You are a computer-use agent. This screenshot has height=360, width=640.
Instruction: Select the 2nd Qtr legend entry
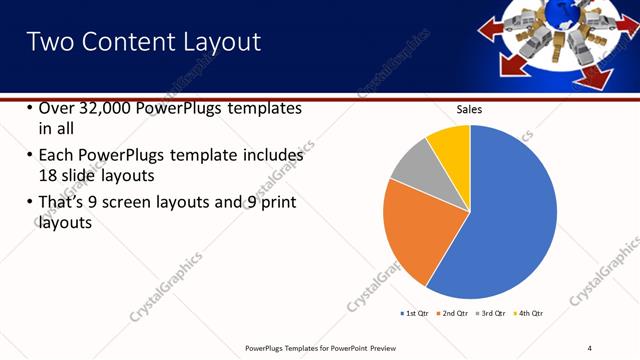click(452, 314)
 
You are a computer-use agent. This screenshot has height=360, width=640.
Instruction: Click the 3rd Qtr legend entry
click(490, 314)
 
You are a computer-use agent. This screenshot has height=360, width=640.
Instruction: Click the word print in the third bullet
click(276, 203)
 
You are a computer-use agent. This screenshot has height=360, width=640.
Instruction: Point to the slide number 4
click(590, 347)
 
